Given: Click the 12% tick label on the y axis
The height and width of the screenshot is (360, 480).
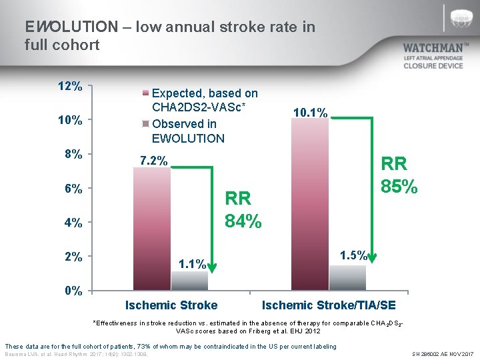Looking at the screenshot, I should pos(70,87).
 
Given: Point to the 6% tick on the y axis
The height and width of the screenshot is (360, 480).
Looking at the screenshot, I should pos(73,189).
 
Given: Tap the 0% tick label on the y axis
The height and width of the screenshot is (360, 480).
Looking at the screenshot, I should pos(73,291).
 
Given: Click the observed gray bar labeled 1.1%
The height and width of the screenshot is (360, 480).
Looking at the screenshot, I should pos(190,281).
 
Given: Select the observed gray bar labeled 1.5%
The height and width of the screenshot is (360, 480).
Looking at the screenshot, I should pos(347,277).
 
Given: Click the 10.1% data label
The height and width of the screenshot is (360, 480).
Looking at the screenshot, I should pos(310,113).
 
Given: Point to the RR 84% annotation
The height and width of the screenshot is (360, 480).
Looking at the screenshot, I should pos(243,209).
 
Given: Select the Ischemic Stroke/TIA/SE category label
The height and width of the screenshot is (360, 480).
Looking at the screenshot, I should pos(329,305).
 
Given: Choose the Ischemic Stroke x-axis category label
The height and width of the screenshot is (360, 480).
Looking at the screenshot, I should pos(171,305).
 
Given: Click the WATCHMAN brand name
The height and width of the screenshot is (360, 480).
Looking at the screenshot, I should pos(433,48).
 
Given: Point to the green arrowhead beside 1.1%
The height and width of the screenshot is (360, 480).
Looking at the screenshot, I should pos(213,268).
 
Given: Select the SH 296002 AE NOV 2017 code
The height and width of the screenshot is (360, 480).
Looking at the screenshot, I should pos(442,353).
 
